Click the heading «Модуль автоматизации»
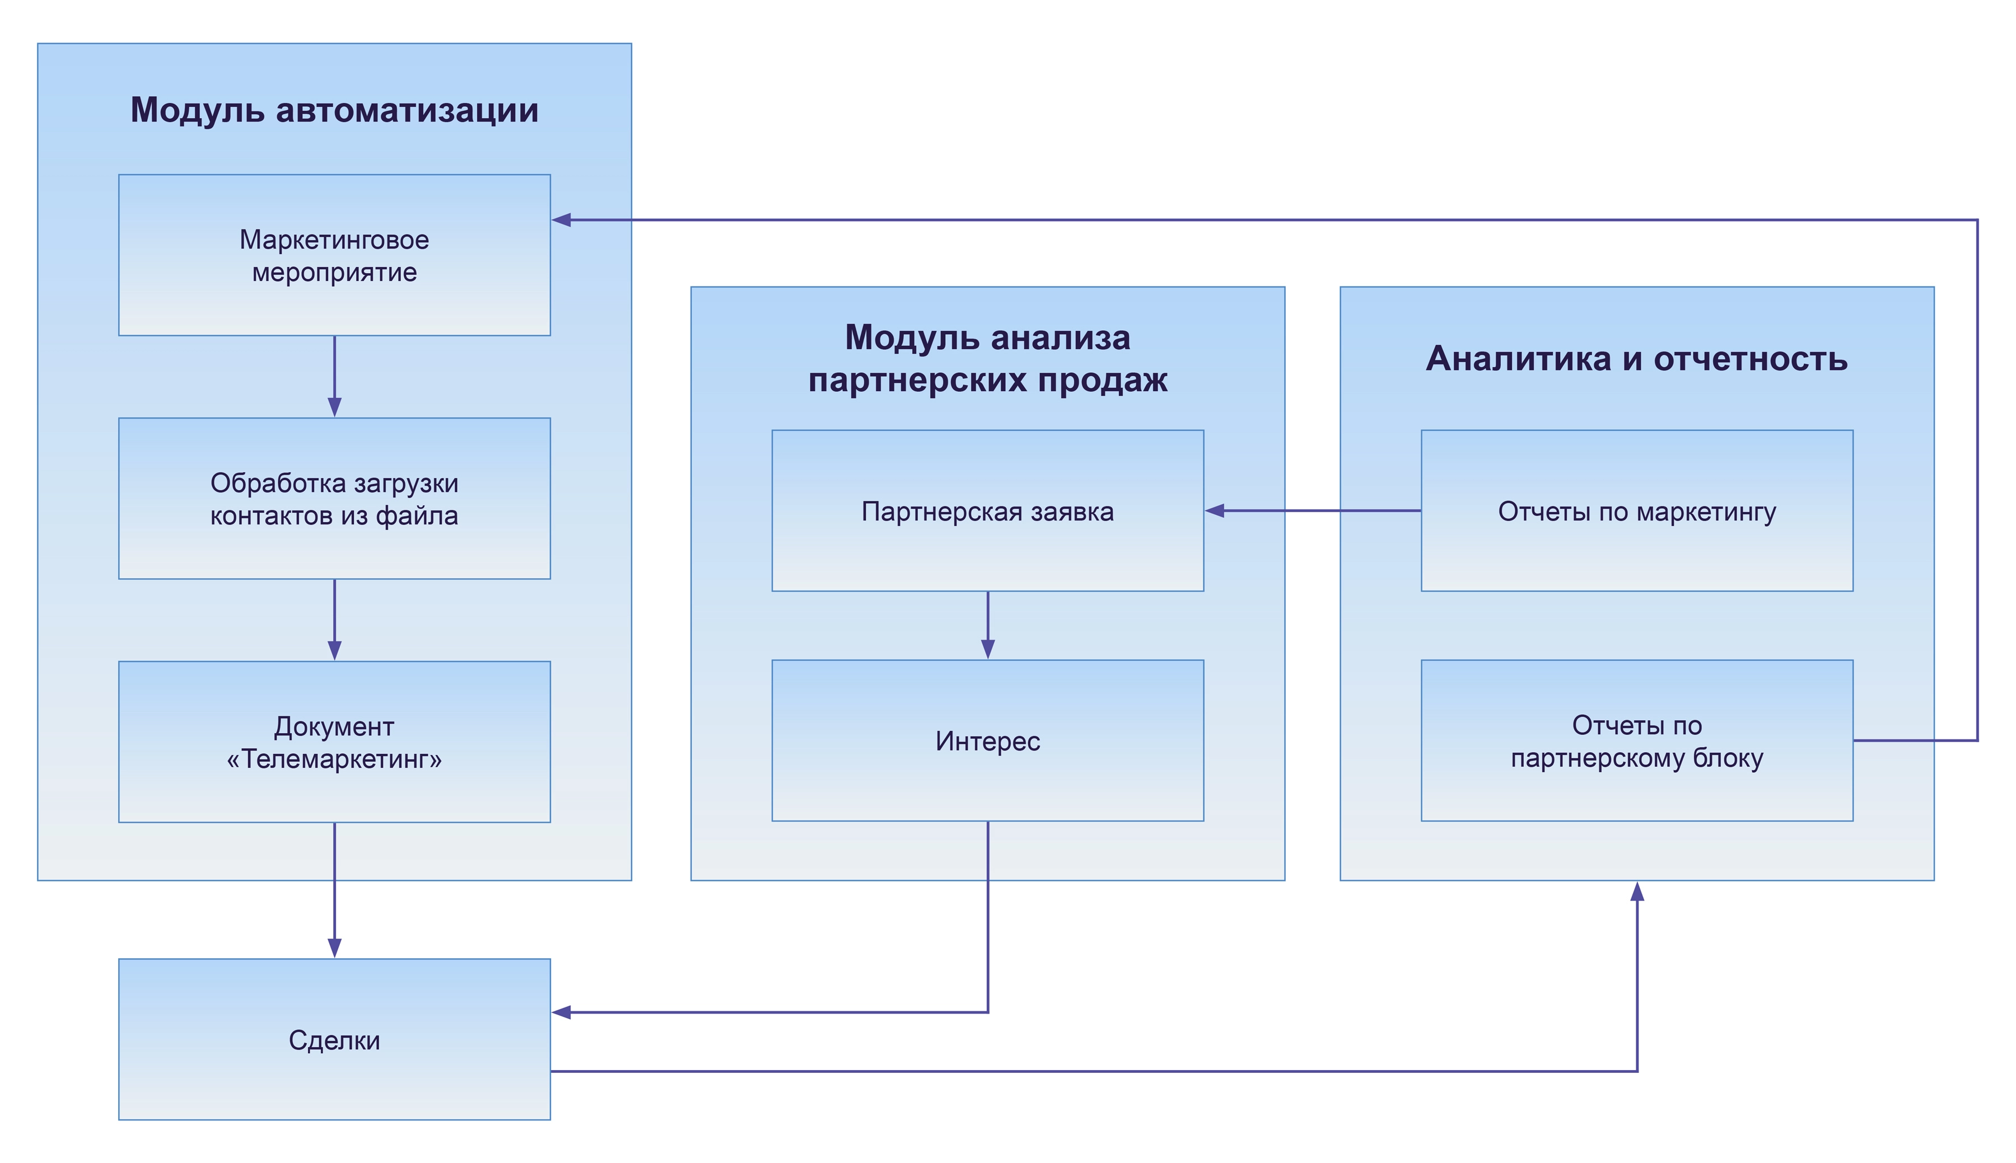(334, 110)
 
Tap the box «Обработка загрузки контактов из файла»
(334, 499)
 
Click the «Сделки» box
(334, 1039)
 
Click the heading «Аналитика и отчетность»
(1636, 359)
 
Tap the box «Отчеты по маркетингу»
(1636, 511)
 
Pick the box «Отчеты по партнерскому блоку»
(1636, 741)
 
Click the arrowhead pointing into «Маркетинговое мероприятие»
(562, 219)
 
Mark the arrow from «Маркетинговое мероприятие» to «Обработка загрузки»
(334, 376)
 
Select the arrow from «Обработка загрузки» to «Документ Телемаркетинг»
(334, 619)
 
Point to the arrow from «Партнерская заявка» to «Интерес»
(988, 625)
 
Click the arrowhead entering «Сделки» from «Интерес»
(562, 1012)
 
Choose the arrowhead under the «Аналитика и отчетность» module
(1636, 892)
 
